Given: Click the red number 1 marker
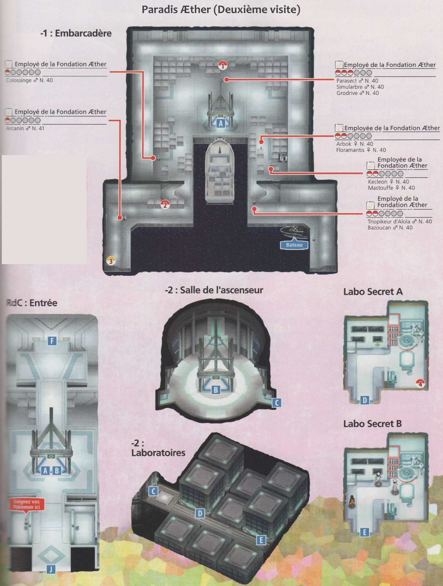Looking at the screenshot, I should pyautogui.click(x=222, y=65).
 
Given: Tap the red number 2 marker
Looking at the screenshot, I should pyautogui.click(x=165, y=205).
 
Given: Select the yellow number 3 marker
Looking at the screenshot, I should pyautogui.click(x=111, y=261).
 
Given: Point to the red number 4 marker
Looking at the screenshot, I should pyautogui.click(x=420, y=384).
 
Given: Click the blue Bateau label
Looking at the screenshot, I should pyautogui.click(x=294, y=245).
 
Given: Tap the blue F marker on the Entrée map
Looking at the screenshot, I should pyautogui.click(x=52, y=341).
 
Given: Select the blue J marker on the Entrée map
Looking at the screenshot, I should pyautogui.click(x=51, y=569).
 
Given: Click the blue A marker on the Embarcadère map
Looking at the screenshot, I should pyautogui.click(x=221, y=123).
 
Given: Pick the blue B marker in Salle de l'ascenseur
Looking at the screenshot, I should pyautogui.click(x=216, y=390).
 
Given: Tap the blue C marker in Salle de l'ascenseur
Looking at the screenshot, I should pyautogui.click(x=277, y=403).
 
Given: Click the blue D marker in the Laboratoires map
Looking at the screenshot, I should pyautogui.click(x=200, y=514).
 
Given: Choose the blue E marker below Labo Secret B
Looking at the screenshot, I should pyautogui.click(x=365, y=533).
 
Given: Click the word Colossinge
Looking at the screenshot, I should pyautogui.click(x=19, y=80).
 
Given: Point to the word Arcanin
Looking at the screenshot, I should pyautogui.click(x=15, y=128).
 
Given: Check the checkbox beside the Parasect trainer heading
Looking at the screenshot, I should pyautogui.click(x=339, y=64).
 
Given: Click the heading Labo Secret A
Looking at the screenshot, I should pyautogui.click(x=373, y=292).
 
